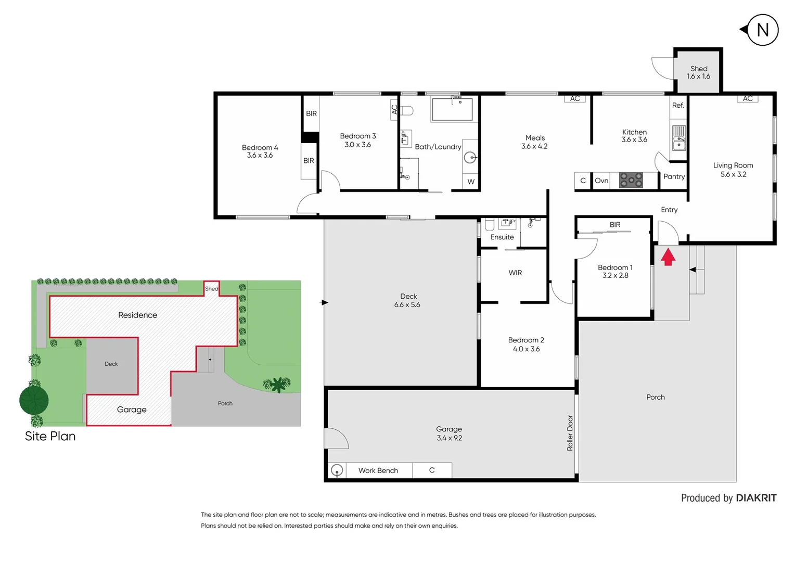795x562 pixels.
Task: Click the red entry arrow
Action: [668, 257]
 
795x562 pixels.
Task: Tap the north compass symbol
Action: [762, 30]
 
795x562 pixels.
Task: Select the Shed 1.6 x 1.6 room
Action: [698, 72]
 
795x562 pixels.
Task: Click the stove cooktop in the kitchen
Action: [631, 181]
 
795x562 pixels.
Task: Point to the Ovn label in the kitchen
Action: [601, 181]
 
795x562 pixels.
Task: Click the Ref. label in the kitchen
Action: [677, 106]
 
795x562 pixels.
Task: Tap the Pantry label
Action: [674, 177]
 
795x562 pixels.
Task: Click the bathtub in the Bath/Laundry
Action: [452, 109]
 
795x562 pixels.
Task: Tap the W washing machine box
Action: [471, 182]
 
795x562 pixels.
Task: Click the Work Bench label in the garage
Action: [378, 470]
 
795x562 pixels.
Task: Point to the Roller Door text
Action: [570, 433]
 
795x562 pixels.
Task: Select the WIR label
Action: [515, 273]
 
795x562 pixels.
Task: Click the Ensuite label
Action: [502, 237]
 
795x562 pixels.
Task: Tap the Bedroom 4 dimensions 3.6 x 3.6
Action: [260, 156]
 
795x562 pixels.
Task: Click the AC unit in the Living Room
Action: [747, 99]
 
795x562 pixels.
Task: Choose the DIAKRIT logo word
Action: [756, 498]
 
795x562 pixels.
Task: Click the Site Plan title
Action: [50, 436]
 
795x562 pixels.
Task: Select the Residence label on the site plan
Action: [137, 315]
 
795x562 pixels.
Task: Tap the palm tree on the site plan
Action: [278, 384]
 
